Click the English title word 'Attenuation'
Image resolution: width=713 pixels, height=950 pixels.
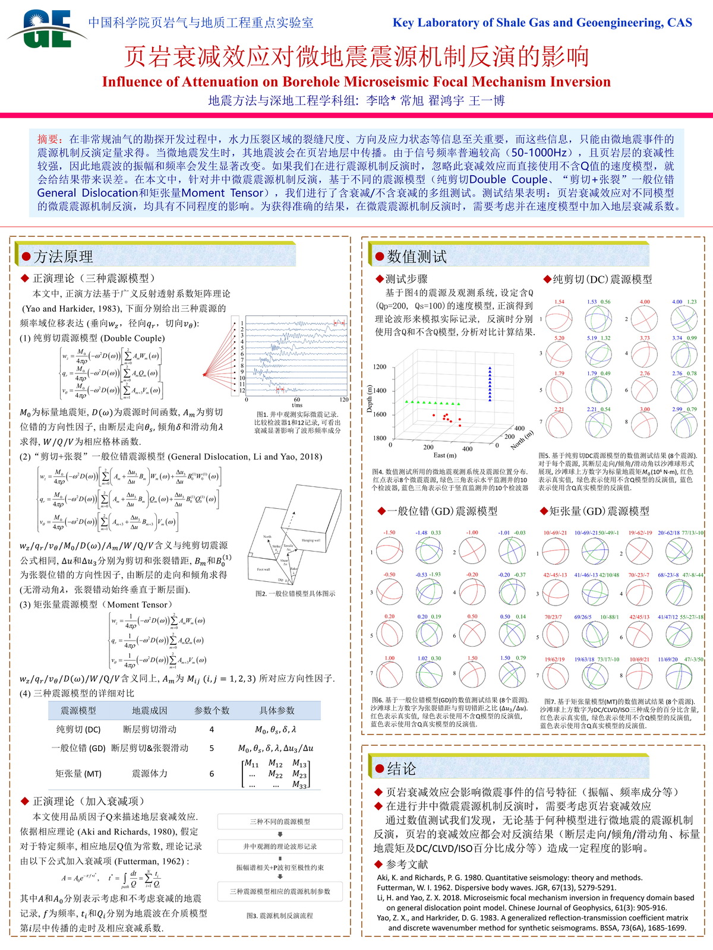click(225, 82)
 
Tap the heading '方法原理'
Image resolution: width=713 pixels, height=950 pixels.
click(63, 256)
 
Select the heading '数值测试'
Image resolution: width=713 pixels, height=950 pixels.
click(417, 256)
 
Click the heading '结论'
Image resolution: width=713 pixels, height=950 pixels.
click(402, 769)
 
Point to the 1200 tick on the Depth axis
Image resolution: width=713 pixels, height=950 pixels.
click(380, 367)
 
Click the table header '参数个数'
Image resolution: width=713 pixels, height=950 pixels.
click(212, 710)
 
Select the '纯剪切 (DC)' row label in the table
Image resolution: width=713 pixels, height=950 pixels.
click(78, 729)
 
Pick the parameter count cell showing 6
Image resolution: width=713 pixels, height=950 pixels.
click(212, 774)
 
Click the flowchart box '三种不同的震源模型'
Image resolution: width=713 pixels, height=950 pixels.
click(280, 822)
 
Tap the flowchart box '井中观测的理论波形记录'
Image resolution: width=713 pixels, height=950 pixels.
click(280, 846)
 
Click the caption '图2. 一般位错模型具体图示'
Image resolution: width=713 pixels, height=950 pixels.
click(295, 593)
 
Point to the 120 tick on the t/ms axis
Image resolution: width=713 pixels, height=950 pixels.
click(344, 400)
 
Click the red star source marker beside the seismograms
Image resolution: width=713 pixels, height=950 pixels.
click(204, 374)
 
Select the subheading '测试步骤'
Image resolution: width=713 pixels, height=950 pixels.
click(406, 278)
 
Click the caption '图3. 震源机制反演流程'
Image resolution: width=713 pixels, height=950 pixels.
click(279, 916)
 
